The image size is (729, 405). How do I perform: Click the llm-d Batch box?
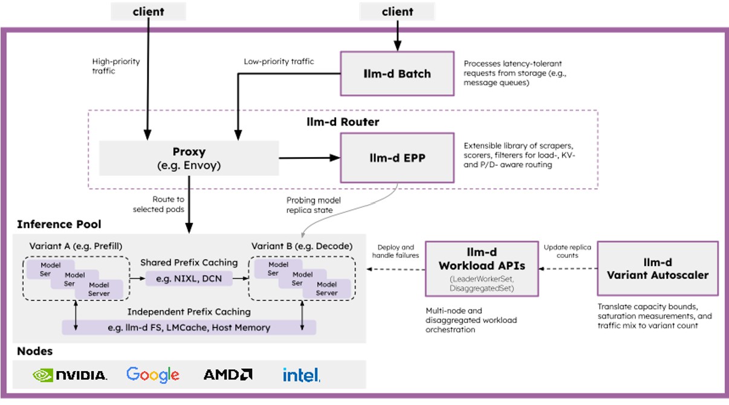397,74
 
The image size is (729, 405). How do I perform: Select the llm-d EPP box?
397,158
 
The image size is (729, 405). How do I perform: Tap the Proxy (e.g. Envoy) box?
189,158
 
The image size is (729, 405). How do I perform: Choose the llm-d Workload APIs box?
482,269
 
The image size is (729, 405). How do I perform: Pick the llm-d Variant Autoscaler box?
658,268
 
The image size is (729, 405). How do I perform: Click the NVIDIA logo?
70,375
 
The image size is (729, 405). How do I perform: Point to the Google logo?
153,375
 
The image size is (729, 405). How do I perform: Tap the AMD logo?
228,374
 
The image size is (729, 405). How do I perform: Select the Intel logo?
302,375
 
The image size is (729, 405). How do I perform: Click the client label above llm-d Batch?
397,11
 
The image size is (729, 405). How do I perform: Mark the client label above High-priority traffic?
149,11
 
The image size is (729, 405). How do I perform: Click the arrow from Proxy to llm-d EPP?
309,158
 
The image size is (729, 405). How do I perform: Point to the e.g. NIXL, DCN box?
189,279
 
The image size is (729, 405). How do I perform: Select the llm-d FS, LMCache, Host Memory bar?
189,328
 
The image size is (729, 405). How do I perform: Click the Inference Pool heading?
59,224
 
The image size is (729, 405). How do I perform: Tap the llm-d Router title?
343,121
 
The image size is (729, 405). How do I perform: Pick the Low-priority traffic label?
279,62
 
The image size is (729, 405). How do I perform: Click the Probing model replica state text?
313,205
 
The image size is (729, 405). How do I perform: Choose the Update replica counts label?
567,251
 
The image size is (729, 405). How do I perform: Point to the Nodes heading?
35,351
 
